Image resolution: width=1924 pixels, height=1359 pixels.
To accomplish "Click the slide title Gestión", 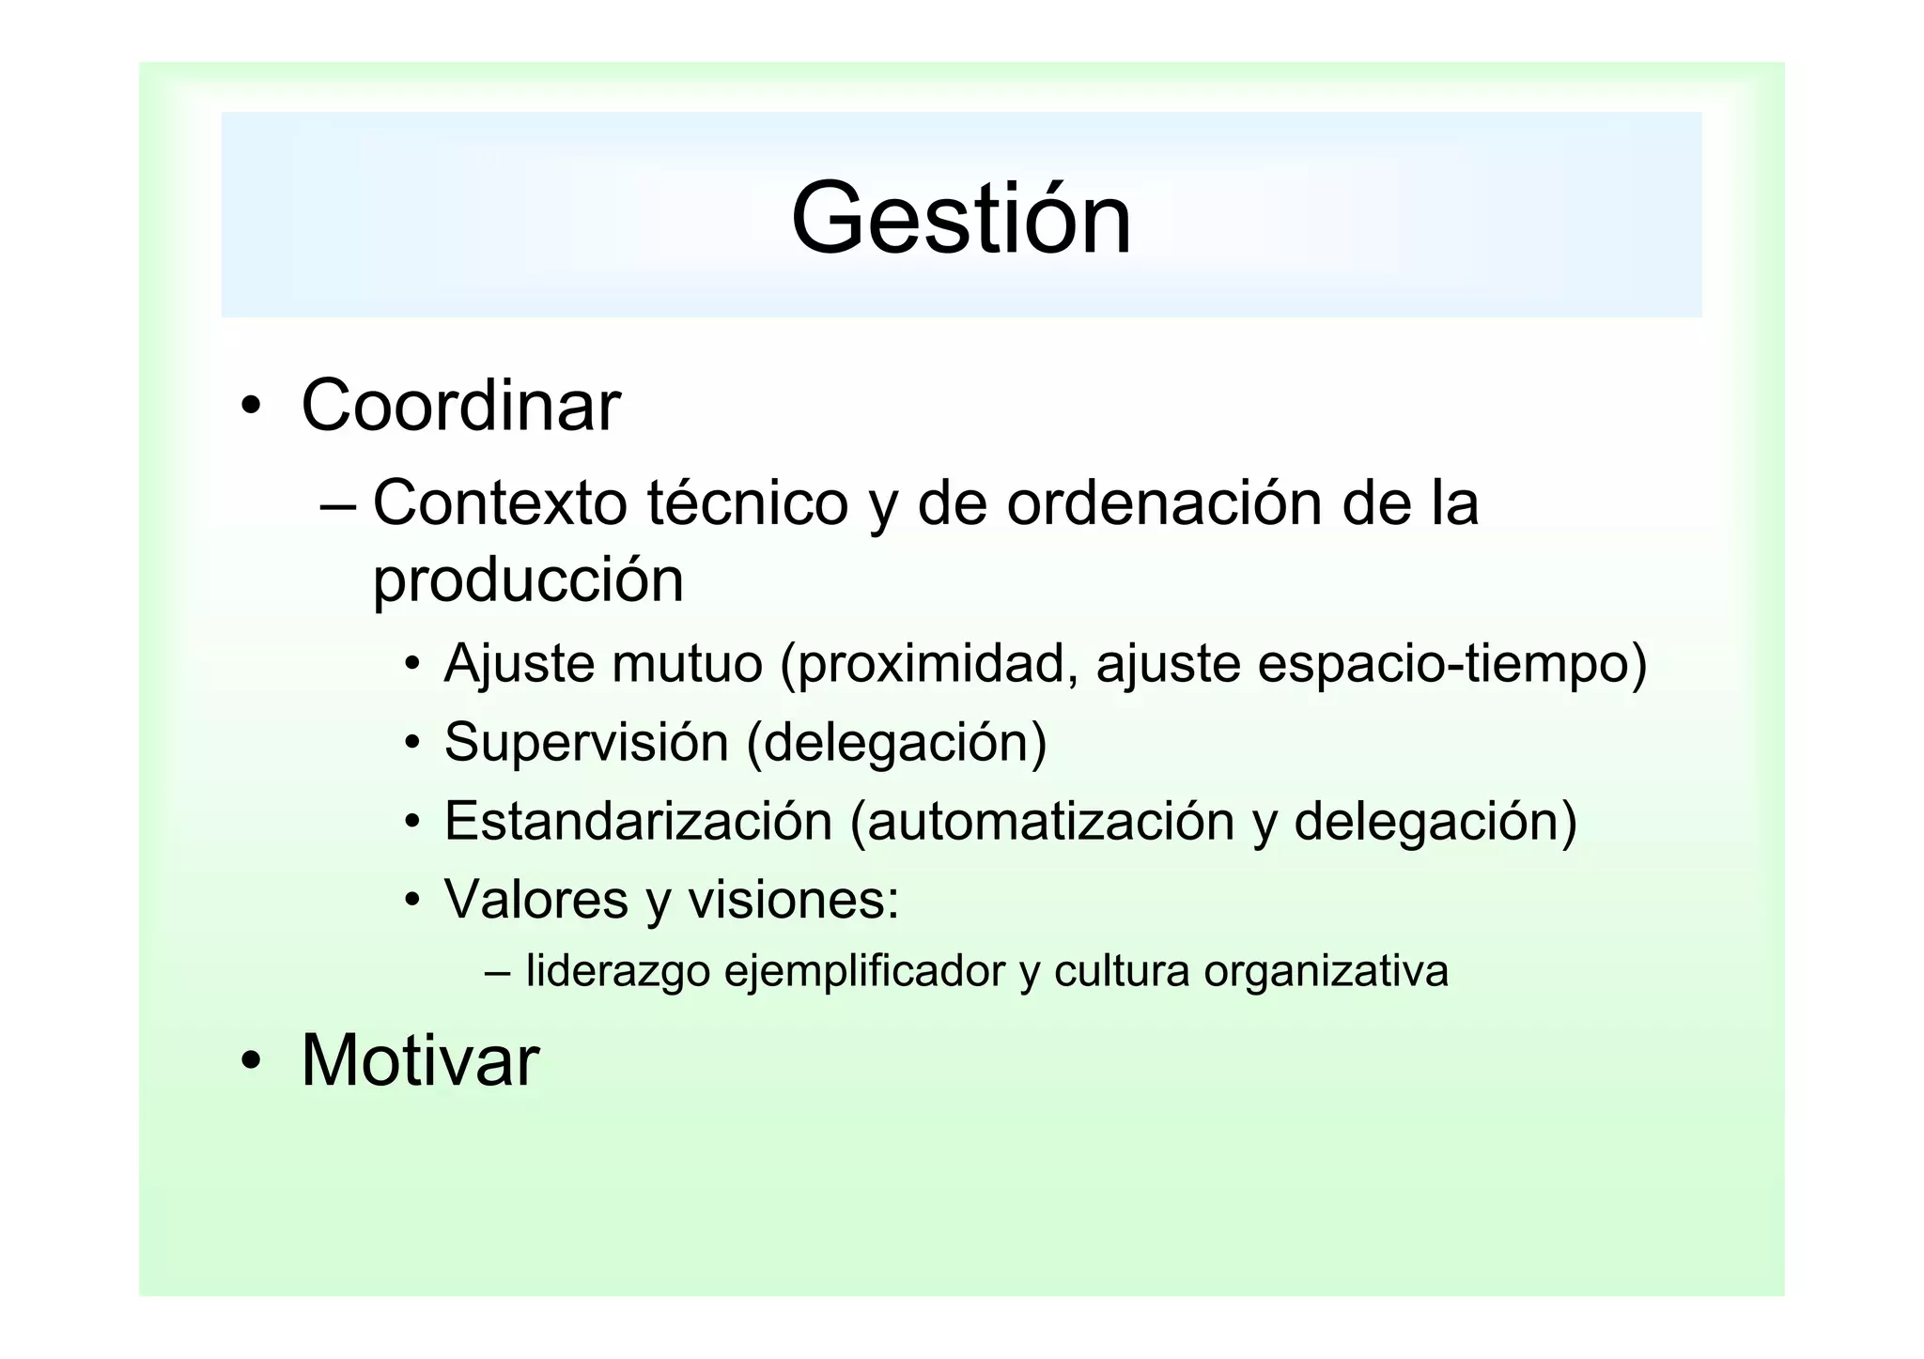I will click(961, 219).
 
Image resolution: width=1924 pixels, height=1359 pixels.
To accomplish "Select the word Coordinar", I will click(460, 406).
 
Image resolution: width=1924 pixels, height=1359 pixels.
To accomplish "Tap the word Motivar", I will click(420, 1060).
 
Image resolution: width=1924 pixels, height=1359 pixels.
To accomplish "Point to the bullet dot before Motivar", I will click(250, 1061).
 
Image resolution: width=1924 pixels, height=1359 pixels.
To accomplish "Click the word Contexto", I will click(500, 502).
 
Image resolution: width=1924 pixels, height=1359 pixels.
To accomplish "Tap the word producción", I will click(528, 580).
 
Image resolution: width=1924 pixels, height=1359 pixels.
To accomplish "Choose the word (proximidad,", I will click(929, 664).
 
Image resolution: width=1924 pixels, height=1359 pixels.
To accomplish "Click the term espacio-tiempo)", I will click(1451, 664).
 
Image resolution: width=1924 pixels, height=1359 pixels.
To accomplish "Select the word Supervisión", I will click(586, 742).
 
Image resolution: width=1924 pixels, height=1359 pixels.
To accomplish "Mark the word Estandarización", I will click(638, 821).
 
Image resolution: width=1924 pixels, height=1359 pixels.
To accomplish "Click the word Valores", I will click(535, 899).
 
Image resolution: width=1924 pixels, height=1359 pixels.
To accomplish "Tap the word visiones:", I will click(794, 899).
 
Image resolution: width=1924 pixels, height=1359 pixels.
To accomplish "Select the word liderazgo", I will click(617, 970).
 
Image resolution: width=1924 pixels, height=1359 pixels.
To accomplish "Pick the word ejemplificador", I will click(864, 970).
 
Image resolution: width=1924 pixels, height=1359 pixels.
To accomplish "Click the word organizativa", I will click(1326, 970).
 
